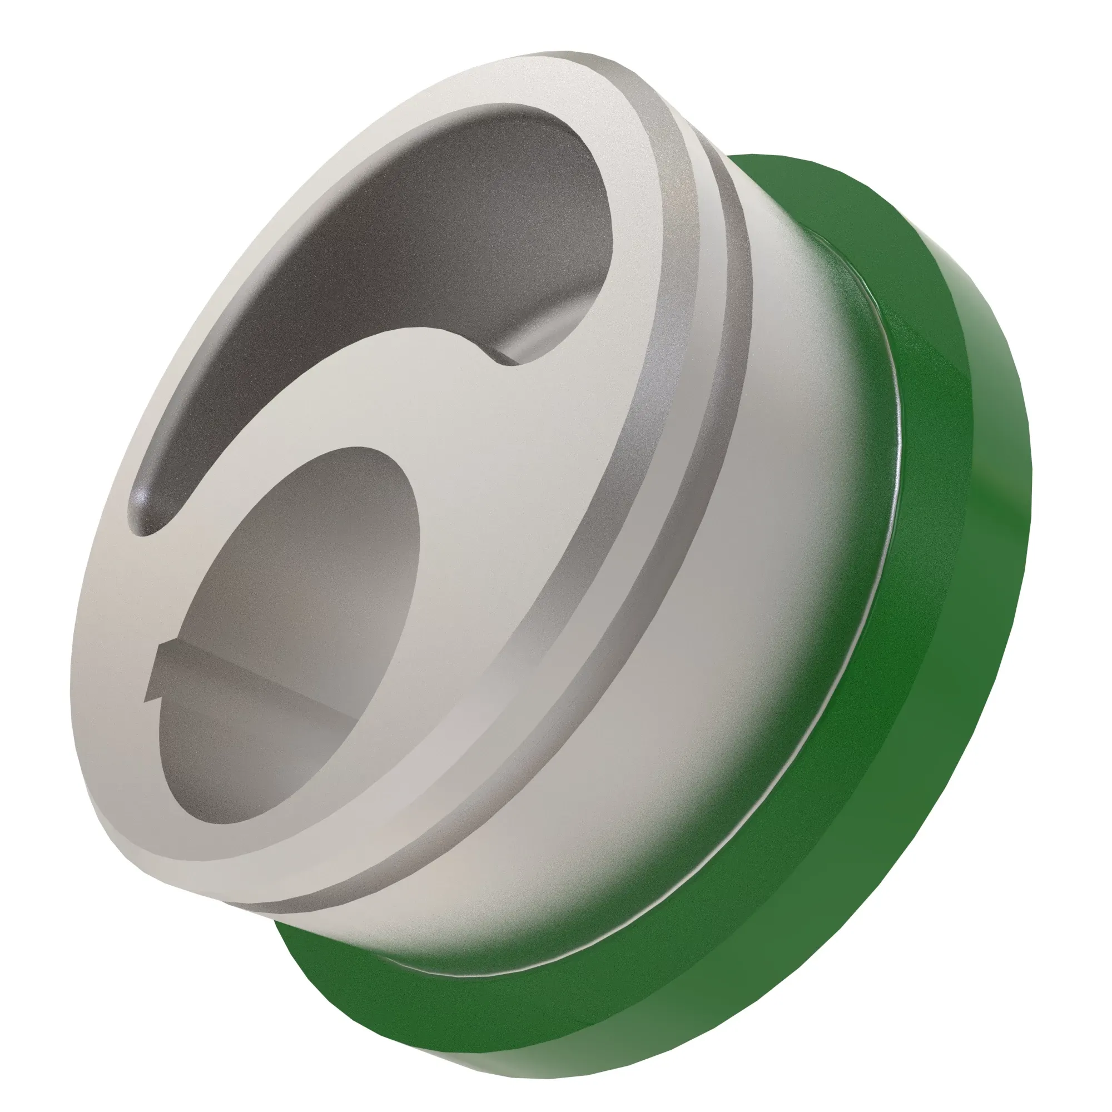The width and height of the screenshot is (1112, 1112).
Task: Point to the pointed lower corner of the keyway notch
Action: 150,700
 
